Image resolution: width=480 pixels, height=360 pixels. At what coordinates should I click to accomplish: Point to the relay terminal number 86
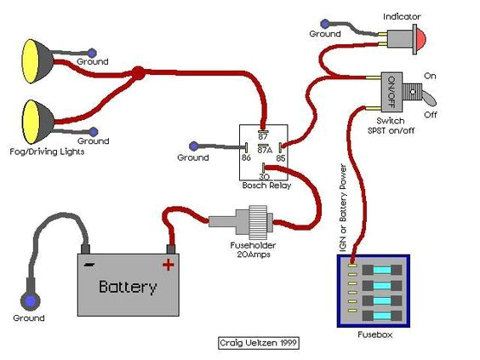point(247,157)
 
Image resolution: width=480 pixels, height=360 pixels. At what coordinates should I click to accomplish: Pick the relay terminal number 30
point(264,175)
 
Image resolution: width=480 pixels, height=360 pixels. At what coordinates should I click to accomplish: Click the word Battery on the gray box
point(128,287)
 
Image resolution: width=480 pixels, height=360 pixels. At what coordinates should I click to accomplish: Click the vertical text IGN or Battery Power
point(344,200)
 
